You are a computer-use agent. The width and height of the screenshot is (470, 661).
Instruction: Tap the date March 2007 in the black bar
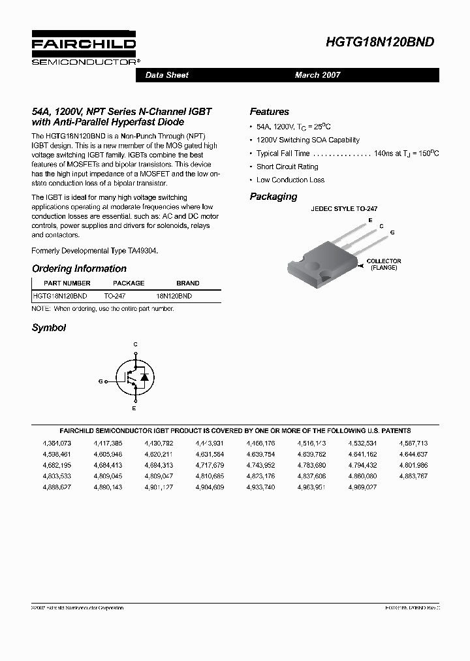(317, 75)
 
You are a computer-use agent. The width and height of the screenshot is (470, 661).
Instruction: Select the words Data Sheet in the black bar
(166, 75)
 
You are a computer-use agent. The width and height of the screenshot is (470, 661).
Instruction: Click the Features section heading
(269, 112)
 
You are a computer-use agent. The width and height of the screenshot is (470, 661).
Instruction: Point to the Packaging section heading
(273, 197)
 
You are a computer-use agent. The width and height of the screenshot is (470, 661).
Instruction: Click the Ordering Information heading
(79, 268)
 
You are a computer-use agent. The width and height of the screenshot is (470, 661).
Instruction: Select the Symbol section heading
(49, 328)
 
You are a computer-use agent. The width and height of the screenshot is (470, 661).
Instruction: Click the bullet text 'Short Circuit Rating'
(287, 167)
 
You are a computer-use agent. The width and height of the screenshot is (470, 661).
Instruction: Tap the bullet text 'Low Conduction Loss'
(290, 180)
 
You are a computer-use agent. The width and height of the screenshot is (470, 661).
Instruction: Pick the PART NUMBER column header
(67, 283)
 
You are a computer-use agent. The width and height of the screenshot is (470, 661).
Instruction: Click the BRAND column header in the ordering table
(188, 283)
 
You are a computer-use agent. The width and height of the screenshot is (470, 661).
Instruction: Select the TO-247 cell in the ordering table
(115, 296)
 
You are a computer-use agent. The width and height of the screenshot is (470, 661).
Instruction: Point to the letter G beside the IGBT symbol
(101, 380)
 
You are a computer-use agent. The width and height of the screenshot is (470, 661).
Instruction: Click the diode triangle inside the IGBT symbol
(144, 378)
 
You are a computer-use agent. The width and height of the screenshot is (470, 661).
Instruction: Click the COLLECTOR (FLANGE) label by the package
(384, 265)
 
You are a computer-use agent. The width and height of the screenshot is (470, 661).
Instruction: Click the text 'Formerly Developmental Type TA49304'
(95, 251)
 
